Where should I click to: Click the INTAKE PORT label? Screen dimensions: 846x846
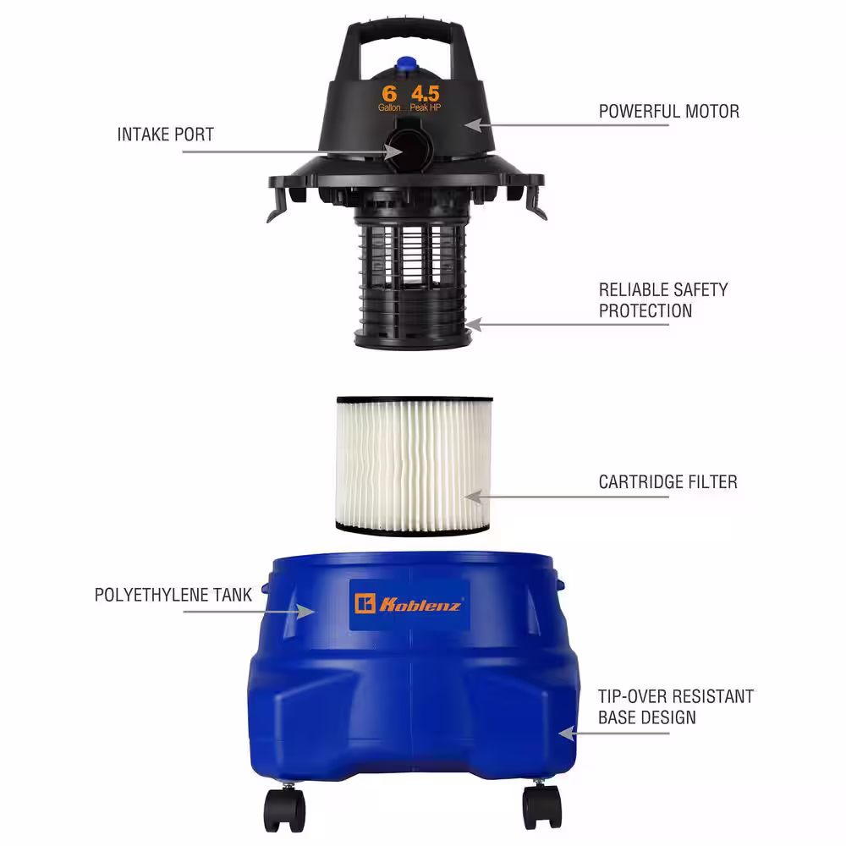click(x=166, y=135)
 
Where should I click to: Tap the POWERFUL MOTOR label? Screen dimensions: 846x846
click(x=669, y=111)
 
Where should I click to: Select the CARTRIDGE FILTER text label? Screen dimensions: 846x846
click(x=668, y=482)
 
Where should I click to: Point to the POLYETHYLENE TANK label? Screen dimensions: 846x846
click(x=173, y=595)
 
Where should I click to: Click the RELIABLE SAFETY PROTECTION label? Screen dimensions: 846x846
click(x=663, y=300)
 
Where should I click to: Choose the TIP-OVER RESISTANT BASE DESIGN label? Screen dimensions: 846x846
click(x=675, y=706)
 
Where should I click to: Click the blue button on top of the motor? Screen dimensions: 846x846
click(x=404, y=65)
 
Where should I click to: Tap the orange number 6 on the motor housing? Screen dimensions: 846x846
click(x=389, y=94)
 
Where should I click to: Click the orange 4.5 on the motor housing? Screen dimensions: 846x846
click(x=426, y=94)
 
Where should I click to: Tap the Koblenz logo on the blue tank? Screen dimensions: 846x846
click(x=409, y=604)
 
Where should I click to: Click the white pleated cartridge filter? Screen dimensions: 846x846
click(x=414, y=466)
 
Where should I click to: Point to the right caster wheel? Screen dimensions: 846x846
click(x=541, y=805)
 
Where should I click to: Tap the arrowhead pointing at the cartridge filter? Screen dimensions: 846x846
click(x=473, y=497)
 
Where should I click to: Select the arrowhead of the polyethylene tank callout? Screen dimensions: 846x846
click(x=306, y=612)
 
